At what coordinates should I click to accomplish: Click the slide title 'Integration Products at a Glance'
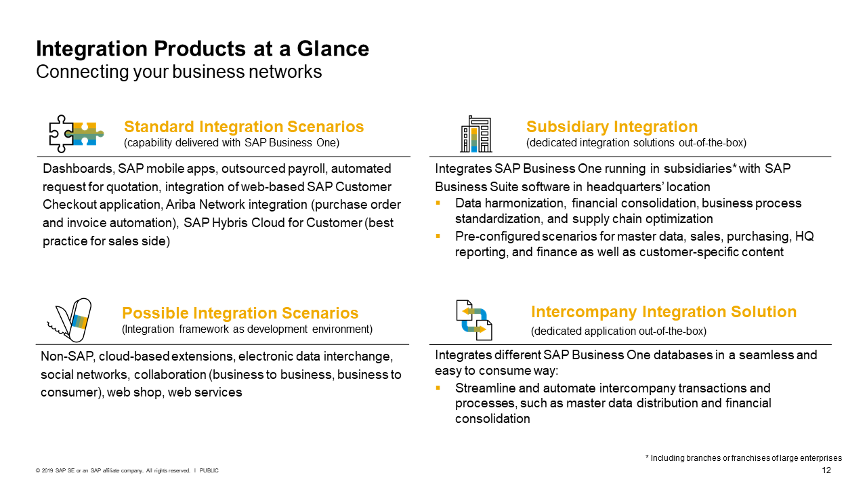[203, 49]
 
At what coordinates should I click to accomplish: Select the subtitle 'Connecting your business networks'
[179, 71]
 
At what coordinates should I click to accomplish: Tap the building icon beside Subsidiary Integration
[475, 134]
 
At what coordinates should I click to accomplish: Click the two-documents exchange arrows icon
[473, 320]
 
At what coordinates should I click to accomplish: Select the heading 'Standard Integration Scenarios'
[244, 127]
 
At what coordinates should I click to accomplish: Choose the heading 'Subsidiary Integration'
[612, 127]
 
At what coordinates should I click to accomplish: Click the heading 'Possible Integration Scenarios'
[240, 313]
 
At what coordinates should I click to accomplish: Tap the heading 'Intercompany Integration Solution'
[664, 312]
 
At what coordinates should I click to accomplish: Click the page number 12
[826, 470]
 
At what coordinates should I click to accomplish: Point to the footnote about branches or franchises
[743, 458]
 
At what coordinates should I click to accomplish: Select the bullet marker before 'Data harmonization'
[438, 203]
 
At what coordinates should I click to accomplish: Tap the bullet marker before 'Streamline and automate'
[438, 388]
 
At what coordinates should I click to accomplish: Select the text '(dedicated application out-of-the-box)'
[618, 331]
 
